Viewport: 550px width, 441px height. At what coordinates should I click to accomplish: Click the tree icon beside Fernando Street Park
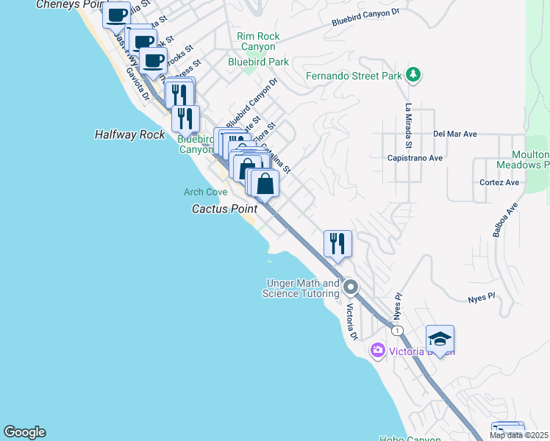click(414, 74)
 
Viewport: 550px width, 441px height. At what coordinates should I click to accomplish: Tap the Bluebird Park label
click(258, 62)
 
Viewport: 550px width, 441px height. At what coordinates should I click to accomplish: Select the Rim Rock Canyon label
click(258, 42)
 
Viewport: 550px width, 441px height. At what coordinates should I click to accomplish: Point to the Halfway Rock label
click(130, 135)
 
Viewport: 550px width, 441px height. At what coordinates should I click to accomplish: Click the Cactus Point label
click(224, 209)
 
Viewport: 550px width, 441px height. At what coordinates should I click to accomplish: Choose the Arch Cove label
click(205, 192)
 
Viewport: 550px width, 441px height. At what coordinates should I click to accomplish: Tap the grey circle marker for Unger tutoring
click(351, 287)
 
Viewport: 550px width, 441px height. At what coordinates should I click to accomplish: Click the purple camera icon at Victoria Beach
click(378, 351)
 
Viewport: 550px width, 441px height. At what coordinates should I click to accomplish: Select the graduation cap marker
click(439, 339)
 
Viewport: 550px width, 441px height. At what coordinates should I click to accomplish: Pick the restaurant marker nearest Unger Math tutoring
click(337, 243)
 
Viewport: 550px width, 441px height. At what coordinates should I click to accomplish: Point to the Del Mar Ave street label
click(455, 134)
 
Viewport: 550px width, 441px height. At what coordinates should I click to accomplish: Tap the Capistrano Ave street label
click(415, 158)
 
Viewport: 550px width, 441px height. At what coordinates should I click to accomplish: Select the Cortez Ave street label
click(499, 182)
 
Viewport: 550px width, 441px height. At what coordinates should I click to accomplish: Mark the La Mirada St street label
click(408, 116)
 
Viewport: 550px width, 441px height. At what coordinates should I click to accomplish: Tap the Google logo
click(24, 432)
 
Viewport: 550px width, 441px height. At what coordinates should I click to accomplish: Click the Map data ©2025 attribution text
click(518, 435)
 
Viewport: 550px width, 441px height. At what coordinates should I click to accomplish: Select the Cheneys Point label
click(69, 4)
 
